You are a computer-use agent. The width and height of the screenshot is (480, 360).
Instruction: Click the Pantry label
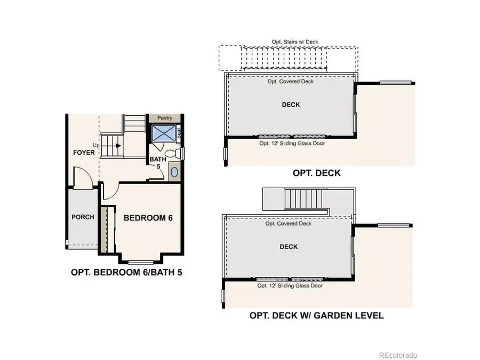tap(164, 118)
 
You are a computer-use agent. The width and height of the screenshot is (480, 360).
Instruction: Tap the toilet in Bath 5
tap(172, 154)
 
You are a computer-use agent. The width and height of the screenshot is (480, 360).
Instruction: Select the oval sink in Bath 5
tap(174, 172)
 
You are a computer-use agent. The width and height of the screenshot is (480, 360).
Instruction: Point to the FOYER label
tap(84, 153)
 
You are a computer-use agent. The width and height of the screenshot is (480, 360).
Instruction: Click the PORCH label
tap(83, 217)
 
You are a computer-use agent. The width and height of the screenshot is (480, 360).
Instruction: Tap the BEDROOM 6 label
tap(148, 218)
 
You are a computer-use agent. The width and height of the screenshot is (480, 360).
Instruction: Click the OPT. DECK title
tap(316, 173)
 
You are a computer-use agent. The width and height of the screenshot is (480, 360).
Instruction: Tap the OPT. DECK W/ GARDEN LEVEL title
tap(316, 315)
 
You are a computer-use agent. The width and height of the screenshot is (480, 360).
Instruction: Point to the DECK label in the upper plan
tap(291, 105)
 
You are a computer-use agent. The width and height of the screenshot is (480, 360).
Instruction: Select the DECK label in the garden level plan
tap(289, 246)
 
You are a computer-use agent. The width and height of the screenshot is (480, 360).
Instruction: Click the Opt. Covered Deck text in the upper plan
tap(291, 82)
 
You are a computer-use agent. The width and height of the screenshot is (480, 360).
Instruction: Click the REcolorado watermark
tap(398, 355)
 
